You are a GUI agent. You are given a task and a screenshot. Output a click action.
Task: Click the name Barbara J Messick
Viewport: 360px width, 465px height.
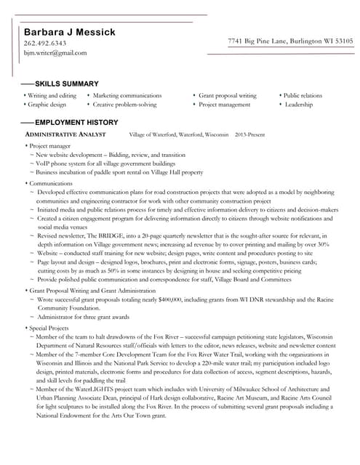tap(70, 32)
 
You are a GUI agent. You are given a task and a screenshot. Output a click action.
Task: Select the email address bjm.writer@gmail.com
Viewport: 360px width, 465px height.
tap(55, 53)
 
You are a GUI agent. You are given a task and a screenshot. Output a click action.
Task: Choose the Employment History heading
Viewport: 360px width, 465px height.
tap(76, 122)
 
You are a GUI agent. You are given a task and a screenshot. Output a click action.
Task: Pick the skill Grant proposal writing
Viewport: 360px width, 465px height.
tap(228, 95)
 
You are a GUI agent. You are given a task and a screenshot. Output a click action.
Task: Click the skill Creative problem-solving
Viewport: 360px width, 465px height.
tap(124, 105)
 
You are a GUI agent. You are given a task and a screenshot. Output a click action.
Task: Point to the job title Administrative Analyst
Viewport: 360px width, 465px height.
tap(65, 135)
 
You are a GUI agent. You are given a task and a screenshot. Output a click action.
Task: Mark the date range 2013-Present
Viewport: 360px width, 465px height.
tap(250, 135)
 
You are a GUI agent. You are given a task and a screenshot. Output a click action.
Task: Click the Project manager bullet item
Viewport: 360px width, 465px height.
tap(49, 146)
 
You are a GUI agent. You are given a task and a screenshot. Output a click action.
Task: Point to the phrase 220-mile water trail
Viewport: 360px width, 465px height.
tap(213, 363)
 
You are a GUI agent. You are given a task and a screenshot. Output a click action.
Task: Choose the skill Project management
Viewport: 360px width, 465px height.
tap(224, 105)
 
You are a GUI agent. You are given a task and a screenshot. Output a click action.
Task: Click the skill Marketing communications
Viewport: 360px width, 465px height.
tap(127, 95)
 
